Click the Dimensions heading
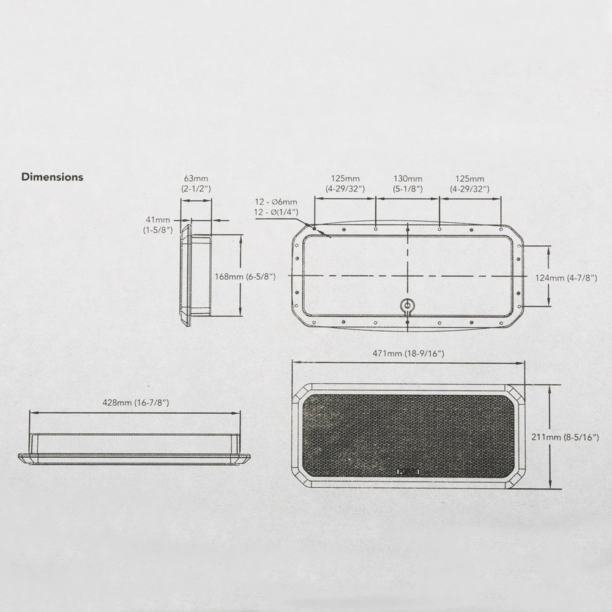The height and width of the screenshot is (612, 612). point(52,177)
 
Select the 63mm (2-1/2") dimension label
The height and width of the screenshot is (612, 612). point(196,184)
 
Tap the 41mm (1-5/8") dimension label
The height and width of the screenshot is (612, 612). point(158,225)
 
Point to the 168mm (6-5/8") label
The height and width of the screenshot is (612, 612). point(245,277)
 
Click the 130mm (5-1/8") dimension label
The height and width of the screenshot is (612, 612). point(408,184)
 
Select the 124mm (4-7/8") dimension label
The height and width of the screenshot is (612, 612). point(566,278)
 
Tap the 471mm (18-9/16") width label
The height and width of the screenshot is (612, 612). point(408,354)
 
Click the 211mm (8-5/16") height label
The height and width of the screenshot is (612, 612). point(565,437)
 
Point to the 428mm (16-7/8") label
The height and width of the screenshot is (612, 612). point(136,403)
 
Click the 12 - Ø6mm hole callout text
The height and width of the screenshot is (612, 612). point(276,202)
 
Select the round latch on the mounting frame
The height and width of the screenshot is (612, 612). point(408,304)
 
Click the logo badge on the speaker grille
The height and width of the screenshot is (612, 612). point(408,472)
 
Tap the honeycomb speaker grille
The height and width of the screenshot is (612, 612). point(408,436)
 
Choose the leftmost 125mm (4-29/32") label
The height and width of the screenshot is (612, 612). point(345,184)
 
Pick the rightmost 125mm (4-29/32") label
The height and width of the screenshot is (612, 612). point(469,184)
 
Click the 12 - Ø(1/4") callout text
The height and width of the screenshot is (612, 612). point(276,212)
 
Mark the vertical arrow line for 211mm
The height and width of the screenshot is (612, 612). point(550,437)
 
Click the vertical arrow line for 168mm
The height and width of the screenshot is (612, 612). point(241,275)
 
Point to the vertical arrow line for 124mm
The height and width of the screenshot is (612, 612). point(549,277)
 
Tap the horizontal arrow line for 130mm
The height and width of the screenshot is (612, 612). point(408,199)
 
